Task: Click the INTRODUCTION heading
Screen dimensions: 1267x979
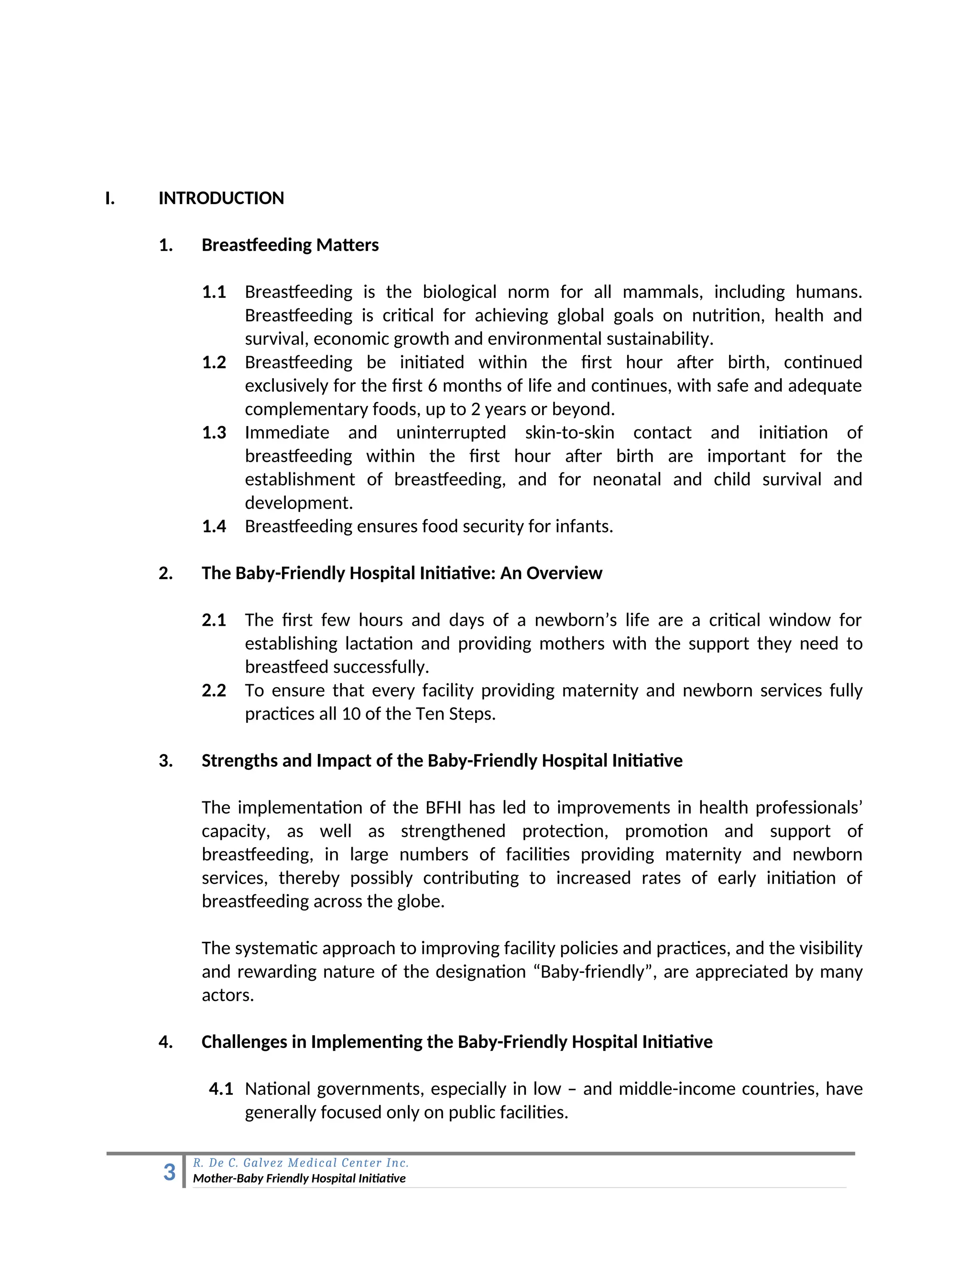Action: click(x=221, y=198)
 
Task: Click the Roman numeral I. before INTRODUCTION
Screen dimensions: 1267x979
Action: click(x=109, y=198)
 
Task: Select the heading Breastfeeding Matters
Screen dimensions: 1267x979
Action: click(x=290, y=245)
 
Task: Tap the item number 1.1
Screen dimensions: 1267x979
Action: click(x=214, y=292)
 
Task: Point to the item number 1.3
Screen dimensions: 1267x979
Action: click(x=214, y=433)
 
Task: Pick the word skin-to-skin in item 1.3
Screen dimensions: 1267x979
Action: click(x=569, y=433)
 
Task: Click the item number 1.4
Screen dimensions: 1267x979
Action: click(x=214, y=527)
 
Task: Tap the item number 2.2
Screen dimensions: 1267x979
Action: click(x=214, y=690)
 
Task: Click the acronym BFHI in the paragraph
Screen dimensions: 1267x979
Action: click(x=443, y=808)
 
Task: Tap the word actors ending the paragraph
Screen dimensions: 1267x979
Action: click(x=228, y=995)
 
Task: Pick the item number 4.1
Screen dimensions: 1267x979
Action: click(x=221, y=1089)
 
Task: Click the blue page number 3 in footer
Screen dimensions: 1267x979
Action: click(x=169, y=1172)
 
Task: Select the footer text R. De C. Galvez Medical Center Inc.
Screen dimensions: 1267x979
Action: click(x=300, y=1163)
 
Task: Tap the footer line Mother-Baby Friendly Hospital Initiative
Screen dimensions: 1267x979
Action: click(x=299, y=1178)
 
